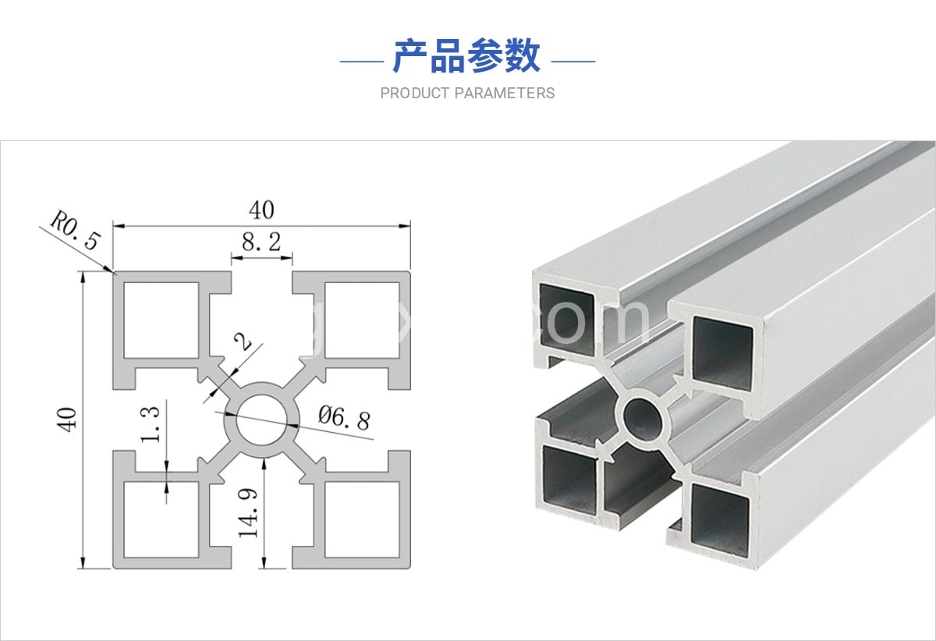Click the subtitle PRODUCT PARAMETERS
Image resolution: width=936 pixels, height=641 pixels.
point(467,94)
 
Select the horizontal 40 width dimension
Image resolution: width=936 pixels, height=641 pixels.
point(261,211)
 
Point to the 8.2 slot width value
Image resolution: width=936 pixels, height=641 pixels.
point(261,242)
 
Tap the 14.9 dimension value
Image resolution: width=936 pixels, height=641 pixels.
point(249,510)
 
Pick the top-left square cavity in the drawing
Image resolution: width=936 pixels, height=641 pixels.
point(162,320)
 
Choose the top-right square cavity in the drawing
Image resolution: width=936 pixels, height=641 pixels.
point(361,320)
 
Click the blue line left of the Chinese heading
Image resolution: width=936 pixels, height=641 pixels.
point(362,60)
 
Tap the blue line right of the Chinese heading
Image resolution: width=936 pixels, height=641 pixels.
point(573,60)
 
